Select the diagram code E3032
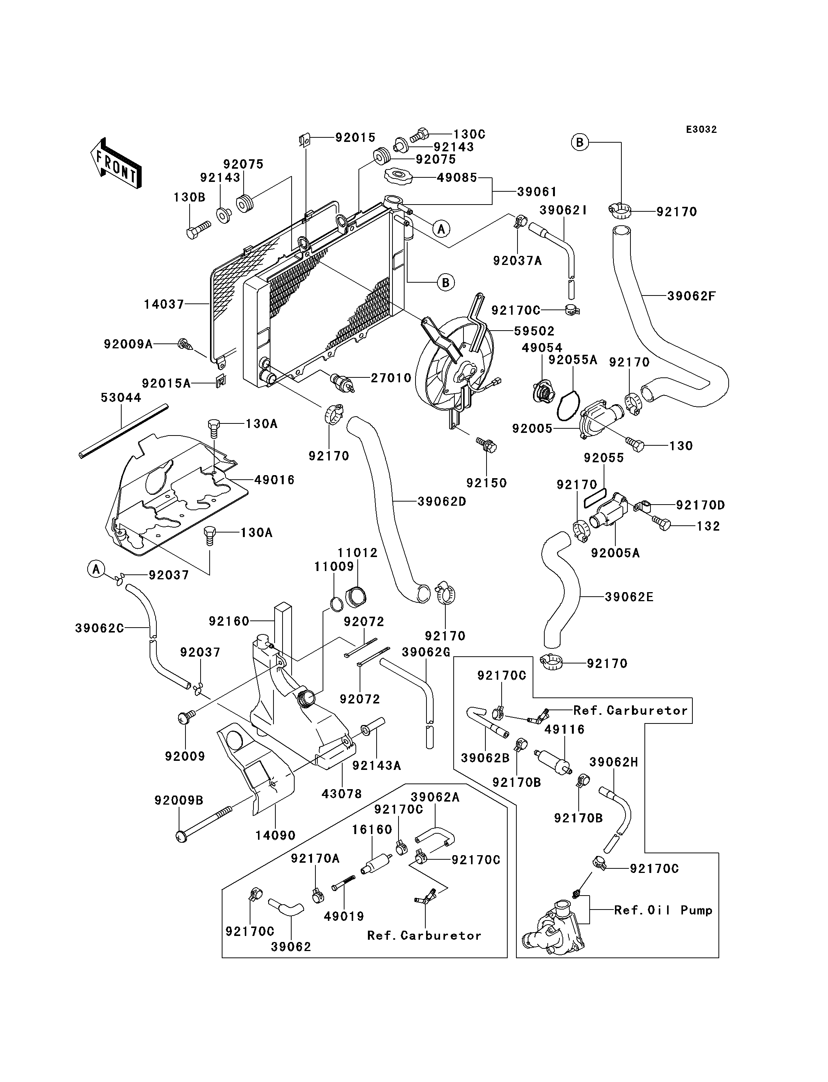pos(701,129)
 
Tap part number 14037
pos(164,304)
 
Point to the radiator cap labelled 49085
pos(398,176)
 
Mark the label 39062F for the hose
pos(692,296)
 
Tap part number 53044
pos(121,397)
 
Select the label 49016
pos(274,480)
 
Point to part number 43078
pos(341,793)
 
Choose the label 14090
pos(275,835)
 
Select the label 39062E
pos(629,597)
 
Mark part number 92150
pos(487,483)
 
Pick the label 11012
pos(357,553)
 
